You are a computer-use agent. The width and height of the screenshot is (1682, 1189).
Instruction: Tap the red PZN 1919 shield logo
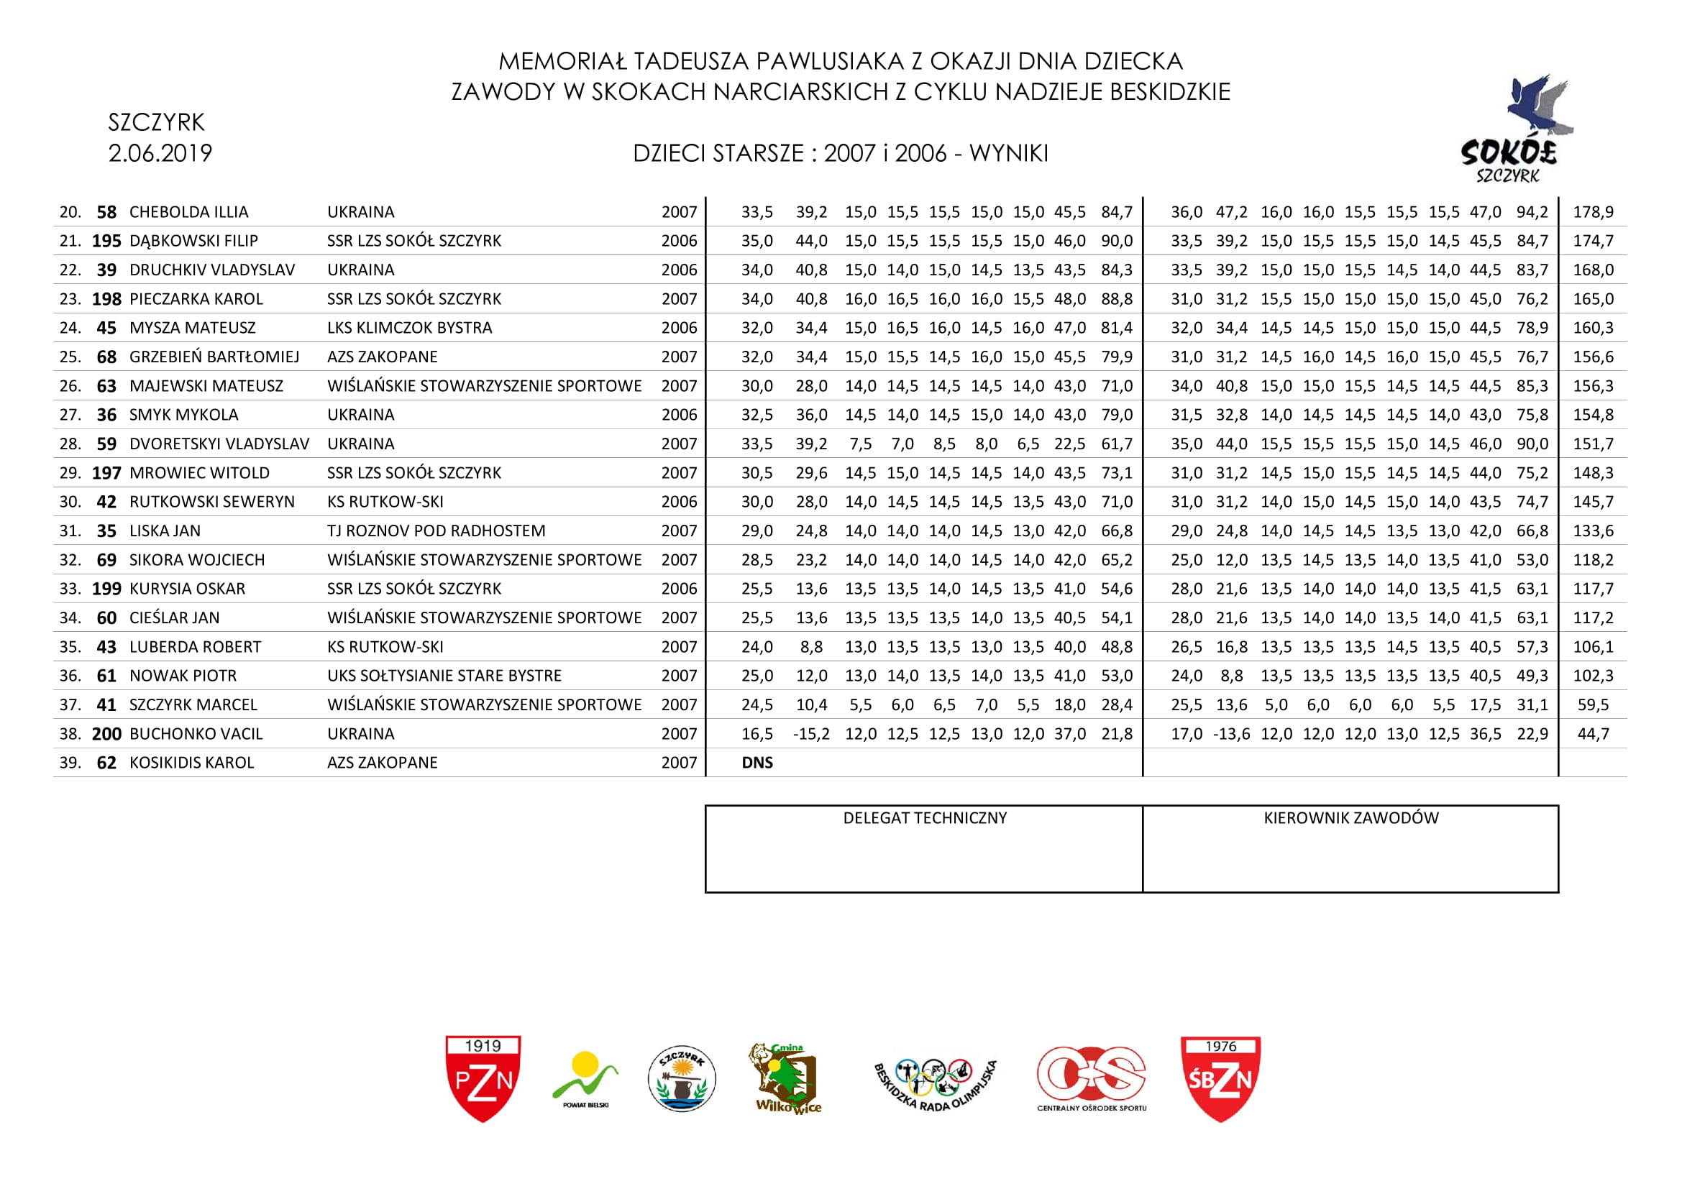click(483, 1078)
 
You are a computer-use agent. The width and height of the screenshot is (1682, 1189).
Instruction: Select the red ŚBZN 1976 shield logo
click(1220, 1078)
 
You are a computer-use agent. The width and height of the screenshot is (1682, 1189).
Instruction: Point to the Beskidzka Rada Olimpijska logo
click(936, 1082)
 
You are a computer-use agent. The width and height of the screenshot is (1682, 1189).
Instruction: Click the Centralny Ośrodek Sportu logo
click(1092, 1078)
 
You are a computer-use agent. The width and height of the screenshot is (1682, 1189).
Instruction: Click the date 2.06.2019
click(160, 153)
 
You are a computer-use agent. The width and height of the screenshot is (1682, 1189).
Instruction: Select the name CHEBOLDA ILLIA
click(189, 212)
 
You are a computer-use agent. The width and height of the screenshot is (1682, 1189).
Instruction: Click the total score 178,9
click(1594, 212)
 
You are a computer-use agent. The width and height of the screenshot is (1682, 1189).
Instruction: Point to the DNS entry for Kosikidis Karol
click(757, 763)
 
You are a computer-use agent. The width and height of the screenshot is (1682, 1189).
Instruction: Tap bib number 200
click(106, 734)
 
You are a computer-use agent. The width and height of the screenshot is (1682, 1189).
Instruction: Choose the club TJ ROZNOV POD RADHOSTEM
click(436, 531)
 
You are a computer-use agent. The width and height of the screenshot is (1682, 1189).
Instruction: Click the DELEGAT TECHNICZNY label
click(925, 818)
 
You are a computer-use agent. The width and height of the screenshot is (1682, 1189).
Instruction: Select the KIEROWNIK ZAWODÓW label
click(1351, 818)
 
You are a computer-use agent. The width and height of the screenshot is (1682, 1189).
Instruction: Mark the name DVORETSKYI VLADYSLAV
click(219, 444)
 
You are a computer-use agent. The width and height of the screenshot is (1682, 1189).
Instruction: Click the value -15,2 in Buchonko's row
click(811, 734)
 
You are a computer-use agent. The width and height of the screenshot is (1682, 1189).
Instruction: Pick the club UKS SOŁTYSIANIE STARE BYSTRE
click(444, 676)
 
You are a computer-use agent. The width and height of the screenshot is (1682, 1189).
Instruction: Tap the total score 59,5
click(1594, 705)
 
